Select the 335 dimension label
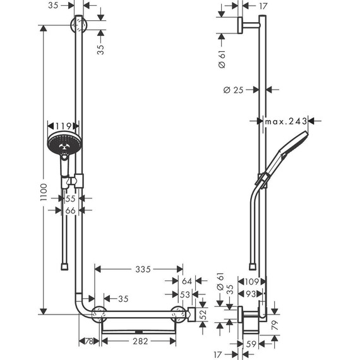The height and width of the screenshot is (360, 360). pyautogui.click(x=143, y=270)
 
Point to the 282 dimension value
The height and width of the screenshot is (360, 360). pyautogui.click(x=140, y=342)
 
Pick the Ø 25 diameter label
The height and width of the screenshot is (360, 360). pyautogui.click(x=234, y=90)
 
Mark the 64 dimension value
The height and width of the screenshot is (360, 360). pyautogui.click(x=186, y=282)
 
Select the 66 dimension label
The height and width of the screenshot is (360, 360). pyautogui.click(x=71, y=210)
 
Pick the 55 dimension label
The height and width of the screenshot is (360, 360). pyautogui.click(x=71, y=198)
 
